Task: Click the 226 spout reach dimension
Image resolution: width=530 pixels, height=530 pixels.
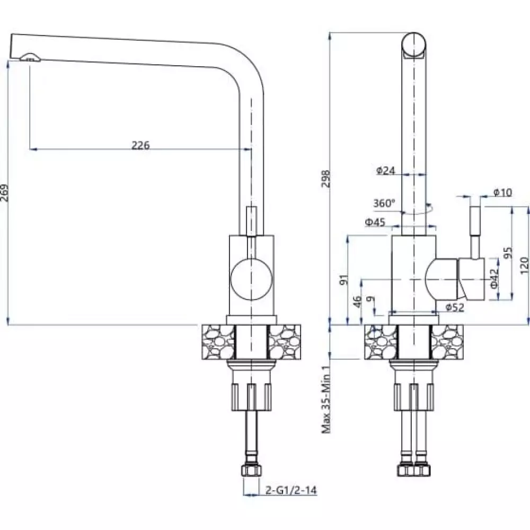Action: point(140,145)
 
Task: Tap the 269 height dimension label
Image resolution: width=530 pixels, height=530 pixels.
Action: point(4,193)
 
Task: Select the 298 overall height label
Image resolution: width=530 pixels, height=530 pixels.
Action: point(325,179)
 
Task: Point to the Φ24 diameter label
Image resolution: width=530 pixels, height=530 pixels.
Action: point(386,170)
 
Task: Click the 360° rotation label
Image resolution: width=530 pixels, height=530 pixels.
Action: point(384,204)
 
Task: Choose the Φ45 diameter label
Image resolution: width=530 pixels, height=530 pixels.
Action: point(375,222)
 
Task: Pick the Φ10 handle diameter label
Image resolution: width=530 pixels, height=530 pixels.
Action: point(502,193)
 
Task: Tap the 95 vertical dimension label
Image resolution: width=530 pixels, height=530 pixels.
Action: point(508,253)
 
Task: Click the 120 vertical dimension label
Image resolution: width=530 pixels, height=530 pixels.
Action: point(524,266)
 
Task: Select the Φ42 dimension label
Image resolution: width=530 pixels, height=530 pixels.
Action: point(494,278)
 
